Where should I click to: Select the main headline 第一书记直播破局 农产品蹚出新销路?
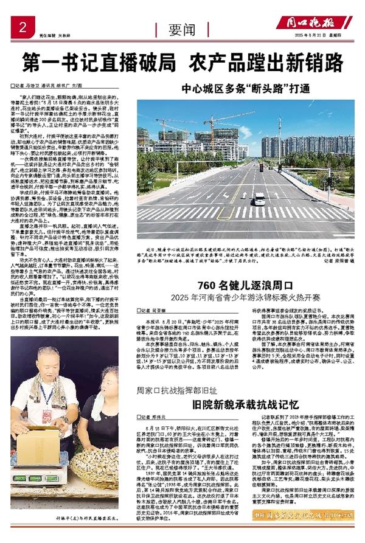coord(182,61)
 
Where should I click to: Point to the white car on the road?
coord(259,198)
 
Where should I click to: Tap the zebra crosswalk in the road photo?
coord(255,213)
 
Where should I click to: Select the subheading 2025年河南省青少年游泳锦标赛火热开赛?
coord(254,282)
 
